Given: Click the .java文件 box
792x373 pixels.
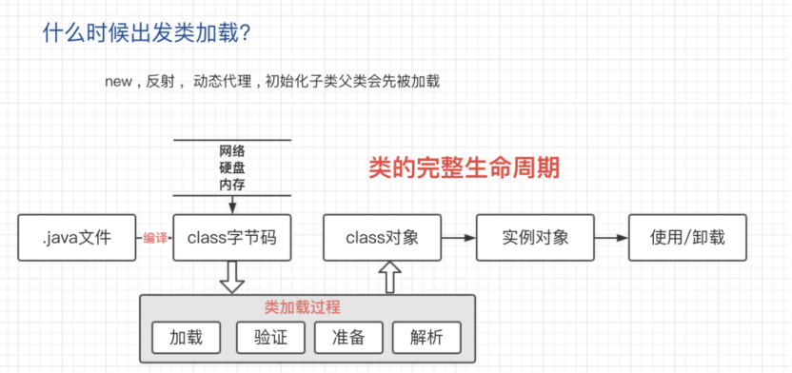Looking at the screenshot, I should point(76,238).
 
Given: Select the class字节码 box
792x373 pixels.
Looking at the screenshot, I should point(232,238).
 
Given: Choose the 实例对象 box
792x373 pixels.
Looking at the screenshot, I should point(536,238).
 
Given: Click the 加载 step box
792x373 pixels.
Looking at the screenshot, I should point(186,337).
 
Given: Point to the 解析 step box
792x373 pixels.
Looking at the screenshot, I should point(426,337).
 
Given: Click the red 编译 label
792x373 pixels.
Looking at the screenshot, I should point(155,238).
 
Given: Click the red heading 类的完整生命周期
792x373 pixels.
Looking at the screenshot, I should point(464,168).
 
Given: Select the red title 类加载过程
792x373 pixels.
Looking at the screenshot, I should point(302,307).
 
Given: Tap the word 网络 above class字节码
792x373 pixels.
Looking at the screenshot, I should point(232,151).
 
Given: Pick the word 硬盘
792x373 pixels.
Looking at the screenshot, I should point(232,167).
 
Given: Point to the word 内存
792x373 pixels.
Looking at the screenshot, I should point(232,184).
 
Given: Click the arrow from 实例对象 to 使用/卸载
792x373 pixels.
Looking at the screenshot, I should point(612,238).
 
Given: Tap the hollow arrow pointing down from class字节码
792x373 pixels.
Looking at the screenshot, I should point(231,278).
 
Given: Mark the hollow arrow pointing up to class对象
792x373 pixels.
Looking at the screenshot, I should point(388,278).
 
